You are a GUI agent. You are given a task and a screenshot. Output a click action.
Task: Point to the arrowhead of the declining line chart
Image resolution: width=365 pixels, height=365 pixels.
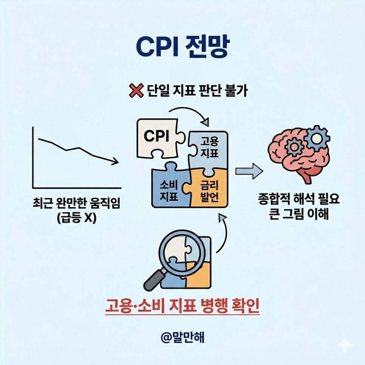pos(115,162)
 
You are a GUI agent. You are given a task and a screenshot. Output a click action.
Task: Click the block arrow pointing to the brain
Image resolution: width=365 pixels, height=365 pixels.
pos(249,171)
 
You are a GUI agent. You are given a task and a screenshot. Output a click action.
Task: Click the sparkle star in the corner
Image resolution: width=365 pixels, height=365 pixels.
pos(345,345)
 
